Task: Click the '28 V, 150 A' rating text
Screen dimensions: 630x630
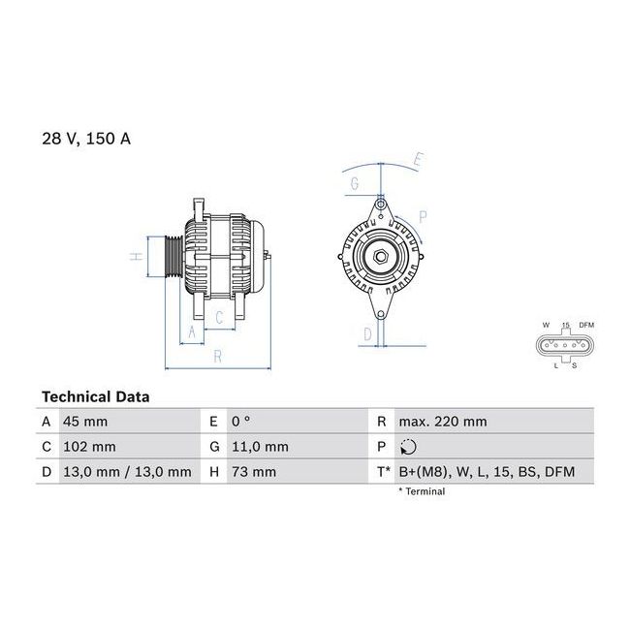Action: [86, 139]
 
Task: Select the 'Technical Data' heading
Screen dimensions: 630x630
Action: [96, 397]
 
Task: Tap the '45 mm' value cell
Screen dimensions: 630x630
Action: [85, 422]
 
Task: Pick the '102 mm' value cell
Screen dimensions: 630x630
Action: [89, 447]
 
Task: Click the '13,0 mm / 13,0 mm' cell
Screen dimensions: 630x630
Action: [127, 472]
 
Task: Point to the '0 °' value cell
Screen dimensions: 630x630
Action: [240, 422]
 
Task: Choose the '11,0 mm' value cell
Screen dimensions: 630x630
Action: [260, 447]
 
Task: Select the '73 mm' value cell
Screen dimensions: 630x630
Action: [254, 472]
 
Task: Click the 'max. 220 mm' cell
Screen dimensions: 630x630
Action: [443, 422]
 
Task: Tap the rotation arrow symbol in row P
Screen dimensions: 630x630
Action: [408, 447]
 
